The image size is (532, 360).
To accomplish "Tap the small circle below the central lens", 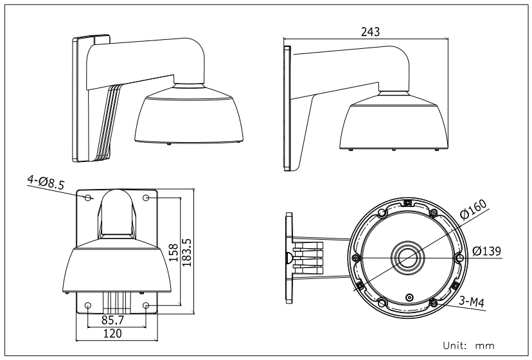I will (409, 298).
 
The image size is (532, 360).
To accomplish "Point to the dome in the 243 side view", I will (393, 126).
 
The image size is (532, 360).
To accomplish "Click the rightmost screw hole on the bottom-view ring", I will (459, 258).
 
